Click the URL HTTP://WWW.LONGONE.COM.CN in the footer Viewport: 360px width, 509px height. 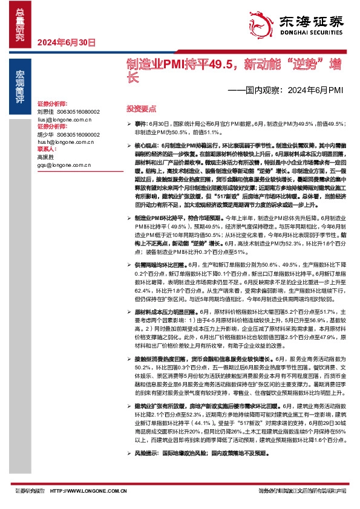coord(83,491)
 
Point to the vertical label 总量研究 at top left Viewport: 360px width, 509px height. coord(21,22)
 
